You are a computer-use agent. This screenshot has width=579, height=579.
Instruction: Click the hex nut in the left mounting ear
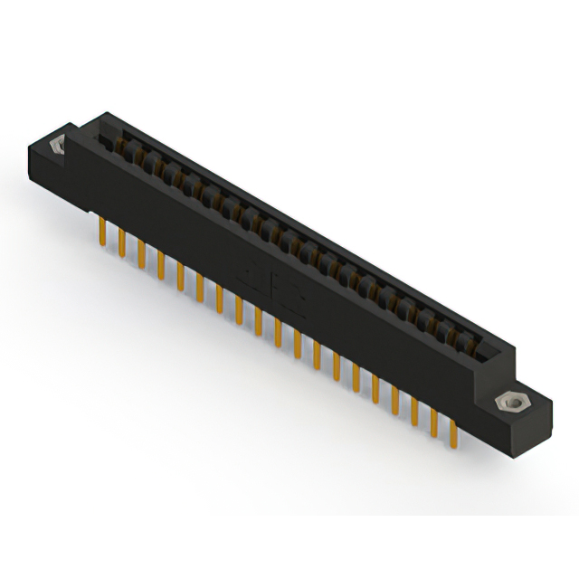pos(57,144)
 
